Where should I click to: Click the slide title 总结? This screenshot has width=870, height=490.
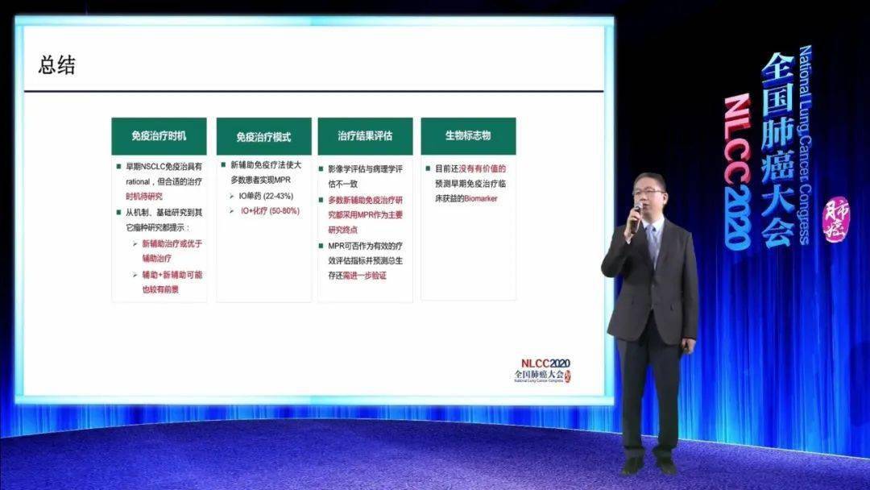(57, 66)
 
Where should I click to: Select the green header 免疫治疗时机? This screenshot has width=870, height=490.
(159, 136)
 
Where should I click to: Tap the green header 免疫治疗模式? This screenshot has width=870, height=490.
(263, 137)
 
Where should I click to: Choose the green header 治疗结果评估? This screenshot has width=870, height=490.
(365, 136)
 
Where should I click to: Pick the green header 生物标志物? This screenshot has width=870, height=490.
(468, 136)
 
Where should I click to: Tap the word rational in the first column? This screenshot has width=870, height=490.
(135, 183)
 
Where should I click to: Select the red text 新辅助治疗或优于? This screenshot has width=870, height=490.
(171, 244)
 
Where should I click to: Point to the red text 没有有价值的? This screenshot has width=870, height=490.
(482, 169)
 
